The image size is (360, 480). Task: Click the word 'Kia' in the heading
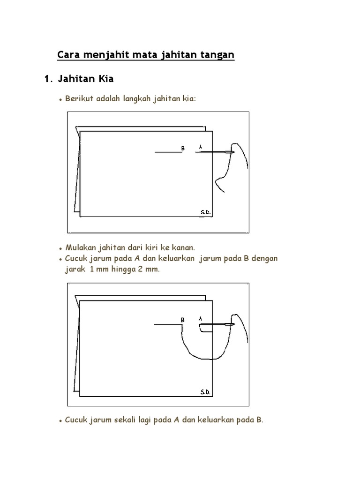[105, 80]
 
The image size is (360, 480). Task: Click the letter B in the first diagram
[183, 148]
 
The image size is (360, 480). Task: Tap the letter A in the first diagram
[201, 147]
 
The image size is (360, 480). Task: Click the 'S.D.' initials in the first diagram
[205, 212]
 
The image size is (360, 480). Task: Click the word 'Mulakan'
[82, 247]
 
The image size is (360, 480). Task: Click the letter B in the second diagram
[183, 320]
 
